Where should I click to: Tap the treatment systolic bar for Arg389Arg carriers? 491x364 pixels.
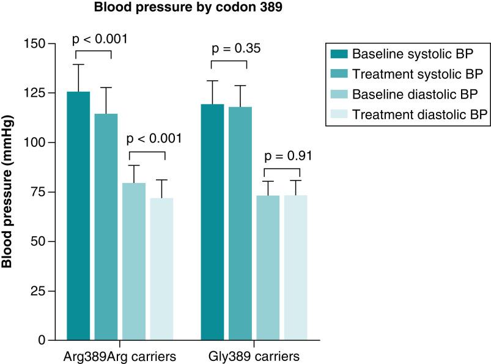point(106,226)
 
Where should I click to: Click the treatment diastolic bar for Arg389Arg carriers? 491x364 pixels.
point(161,269)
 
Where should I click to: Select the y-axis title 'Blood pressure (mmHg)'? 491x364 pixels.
point(8,191)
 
